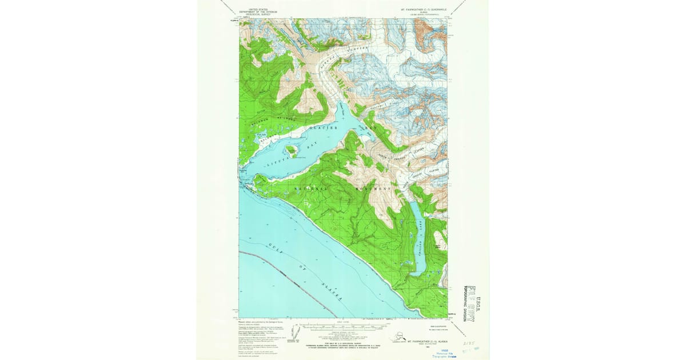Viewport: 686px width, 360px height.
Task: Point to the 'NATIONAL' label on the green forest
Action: coord(312,189)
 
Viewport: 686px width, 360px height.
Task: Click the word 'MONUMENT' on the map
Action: coord(374,189)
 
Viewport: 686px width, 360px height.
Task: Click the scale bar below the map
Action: coord(343,331)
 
